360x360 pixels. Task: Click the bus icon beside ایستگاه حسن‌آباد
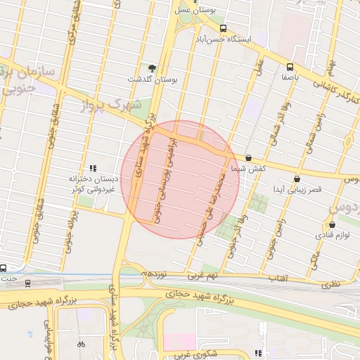[223, 29]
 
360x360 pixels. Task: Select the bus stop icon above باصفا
[289, 67]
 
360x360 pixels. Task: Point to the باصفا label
[289, 79]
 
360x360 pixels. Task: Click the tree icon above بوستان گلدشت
[153, 68]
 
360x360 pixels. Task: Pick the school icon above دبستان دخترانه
[92, 167]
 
